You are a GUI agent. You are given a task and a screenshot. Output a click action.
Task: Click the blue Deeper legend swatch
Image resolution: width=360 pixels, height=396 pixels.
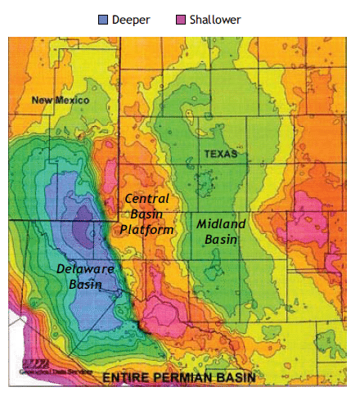103,18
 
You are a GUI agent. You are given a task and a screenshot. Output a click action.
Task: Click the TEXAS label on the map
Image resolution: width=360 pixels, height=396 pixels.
220,153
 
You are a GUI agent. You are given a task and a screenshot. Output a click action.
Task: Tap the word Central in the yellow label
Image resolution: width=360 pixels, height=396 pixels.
147,199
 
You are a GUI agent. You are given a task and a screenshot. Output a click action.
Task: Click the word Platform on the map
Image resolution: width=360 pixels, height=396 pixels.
147,231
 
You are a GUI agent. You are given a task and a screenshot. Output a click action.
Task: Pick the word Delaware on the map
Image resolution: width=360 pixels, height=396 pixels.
86,269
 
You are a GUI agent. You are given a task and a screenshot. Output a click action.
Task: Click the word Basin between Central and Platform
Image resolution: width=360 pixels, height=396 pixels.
148,214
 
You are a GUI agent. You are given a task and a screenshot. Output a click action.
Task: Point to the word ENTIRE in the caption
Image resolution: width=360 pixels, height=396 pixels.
127,379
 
